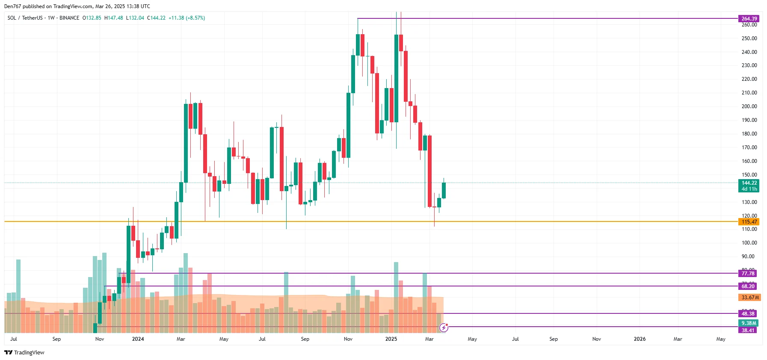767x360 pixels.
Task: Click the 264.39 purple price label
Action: click(749, 18)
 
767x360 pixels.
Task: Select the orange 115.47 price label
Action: click(749, 221)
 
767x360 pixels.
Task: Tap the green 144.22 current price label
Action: click(749, 183)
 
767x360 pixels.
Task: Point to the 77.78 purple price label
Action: click(748, 274)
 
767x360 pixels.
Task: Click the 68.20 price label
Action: click(748, 286)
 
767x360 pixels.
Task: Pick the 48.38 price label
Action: click(748, 314)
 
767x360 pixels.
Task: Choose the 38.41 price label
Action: click(748, 330)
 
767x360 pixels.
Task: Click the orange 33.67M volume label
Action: click(750, 298)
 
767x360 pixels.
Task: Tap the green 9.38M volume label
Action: click(749, 323)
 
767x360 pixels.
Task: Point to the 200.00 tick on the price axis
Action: click(749, 106)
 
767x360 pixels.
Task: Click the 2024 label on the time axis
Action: click(138, 339)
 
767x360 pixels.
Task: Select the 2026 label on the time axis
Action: click(640, 339)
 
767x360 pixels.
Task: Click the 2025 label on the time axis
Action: click(391, 339)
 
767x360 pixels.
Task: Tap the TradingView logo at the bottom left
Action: click(24, 352)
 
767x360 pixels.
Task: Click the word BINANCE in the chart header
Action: click(69, 18)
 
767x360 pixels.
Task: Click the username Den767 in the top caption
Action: click(13, 6)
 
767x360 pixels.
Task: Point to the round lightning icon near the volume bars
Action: click(444, 328)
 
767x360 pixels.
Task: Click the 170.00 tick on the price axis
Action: click(749, 148)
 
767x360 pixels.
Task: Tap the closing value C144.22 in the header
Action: click(156, 18)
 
